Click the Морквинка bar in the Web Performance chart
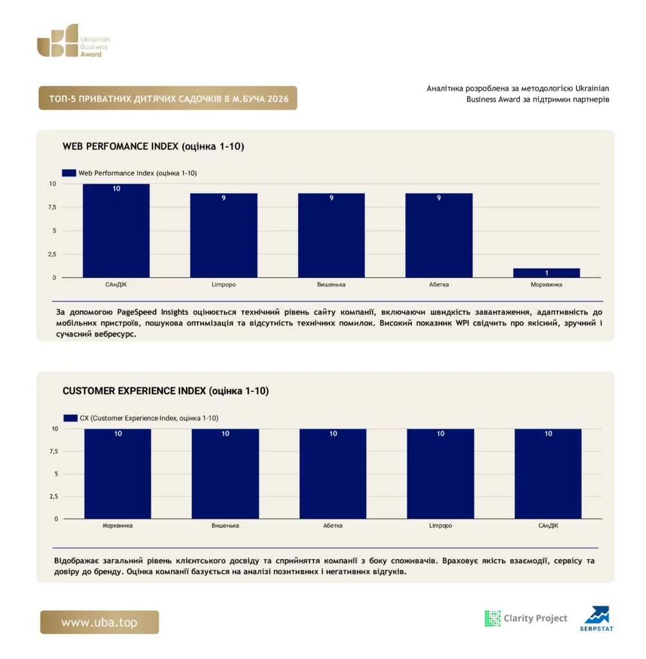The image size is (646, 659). point(546,273)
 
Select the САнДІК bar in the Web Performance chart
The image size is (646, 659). point(116,231)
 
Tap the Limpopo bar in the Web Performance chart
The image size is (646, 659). point(224,236)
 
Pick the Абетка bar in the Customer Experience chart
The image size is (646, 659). point(333,474)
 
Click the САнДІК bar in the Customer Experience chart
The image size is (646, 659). point(548,474)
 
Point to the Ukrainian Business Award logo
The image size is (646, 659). point(73,41)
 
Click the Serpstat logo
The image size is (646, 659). point(597,618)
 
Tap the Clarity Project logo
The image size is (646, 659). point(526,618)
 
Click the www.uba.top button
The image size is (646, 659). point(100,622)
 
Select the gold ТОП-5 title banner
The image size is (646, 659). point(168,98)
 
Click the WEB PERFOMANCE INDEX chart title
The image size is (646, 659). point(153,146)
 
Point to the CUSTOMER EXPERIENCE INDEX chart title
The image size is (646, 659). point(165,391)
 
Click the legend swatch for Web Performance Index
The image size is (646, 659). point(69,172)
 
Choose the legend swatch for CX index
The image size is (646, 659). point(70,418)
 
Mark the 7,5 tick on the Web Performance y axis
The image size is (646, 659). point(52,207)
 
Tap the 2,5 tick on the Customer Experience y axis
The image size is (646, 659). point(54,496)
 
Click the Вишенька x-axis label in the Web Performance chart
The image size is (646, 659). point(331,284)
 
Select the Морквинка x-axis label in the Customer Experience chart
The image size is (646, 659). point(118,525)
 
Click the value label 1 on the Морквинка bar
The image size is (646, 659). point(547,273)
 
